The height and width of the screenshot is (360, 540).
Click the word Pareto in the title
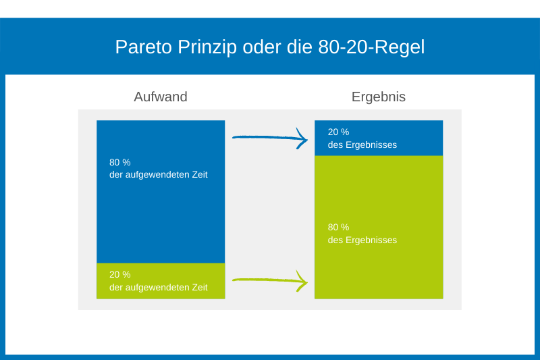(x=143, y=47)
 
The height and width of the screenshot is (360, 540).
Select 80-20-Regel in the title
(x=371, y=47)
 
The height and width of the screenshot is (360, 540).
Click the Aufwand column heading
(x=161, y=97)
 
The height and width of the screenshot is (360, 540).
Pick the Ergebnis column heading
(x=379, y=97)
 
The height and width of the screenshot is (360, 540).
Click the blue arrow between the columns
(x=270, y=138)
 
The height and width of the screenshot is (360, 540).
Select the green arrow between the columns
(x=270, y=280)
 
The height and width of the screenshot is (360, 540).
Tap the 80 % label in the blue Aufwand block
(x=120, y=162)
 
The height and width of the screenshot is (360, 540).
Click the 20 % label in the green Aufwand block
(x=120, y=275)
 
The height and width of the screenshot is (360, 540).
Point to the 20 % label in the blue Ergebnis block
(x=338, y=132)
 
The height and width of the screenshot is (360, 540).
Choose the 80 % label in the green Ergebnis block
(x=338, y=228)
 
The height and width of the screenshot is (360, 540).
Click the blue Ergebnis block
(x=379, y=138)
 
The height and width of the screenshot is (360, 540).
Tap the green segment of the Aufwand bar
(x=161, y=281)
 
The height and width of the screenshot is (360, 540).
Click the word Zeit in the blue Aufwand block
(x=200, y=175)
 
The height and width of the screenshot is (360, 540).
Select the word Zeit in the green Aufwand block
(x=200, y=287)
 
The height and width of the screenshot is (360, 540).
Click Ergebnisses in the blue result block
(x=371, y=145)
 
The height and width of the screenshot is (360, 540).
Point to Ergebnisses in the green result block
(x=371, y=240)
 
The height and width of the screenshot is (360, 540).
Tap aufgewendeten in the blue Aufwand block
(x=157, y=175)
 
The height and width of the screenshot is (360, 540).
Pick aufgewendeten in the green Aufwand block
(x=157, y=288)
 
